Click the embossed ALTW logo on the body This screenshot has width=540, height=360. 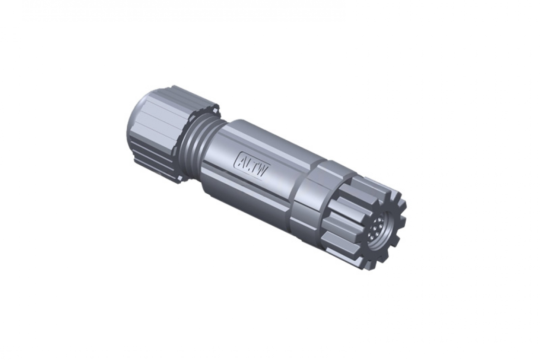(x=252, y=164)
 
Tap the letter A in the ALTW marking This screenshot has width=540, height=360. (x=242, y=160)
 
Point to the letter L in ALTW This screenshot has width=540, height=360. (x=249, y=163)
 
